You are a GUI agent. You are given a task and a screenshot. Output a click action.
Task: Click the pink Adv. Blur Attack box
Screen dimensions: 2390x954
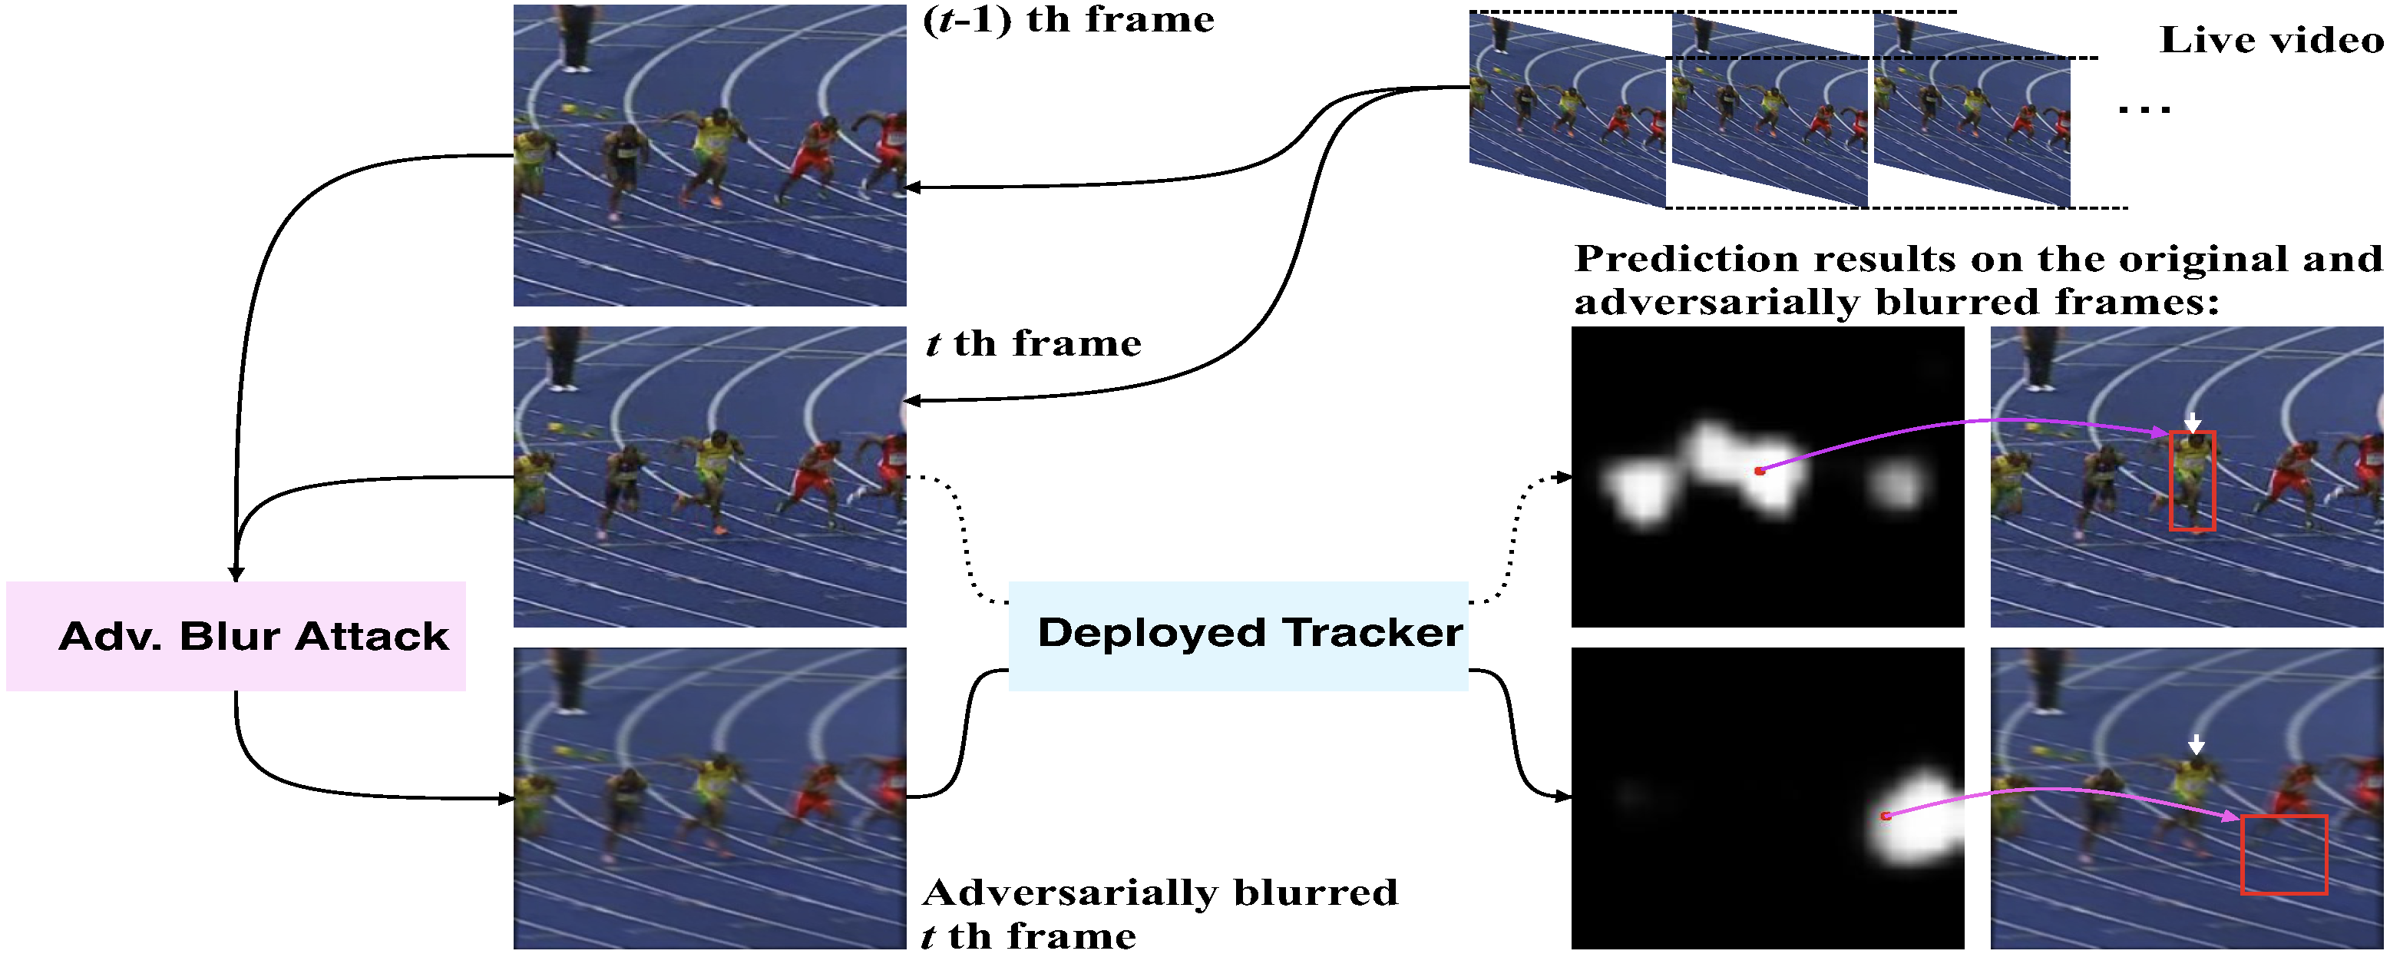click(236, 636)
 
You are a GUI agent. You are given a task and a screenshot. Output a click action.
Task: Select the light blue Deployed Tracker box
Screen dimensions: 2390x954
click(1238, 636)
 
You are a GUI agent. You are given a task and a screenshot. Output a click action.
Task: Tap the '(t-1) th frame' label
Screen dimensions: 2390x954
click(1068, 21)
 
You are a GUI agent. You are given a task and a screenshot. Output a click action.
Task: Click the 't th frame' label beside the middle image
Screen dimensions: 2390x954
click(1033, 344)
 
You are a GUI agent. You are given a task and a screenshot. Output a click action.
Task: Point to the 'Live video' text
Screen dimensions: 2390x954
click(2270, 40)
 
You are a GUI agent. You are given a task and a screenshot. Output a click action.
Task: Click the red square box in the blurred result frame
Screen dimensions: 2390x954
click(2283, 854)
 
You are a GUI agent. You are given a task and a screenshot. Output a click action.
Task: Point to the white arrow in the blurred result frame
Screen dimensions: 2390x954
click(2195, 744)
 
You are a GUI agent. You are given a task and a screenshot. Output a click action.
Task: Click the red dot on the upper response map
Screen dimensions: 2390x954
click(1759, 472)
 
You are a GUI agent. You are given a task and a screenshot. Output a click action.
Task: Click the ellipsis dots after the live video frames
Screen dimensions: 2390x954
click(2144, 111)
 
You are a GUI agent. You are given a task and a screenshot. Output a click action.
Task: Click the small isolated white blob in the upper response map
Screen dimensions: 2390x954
click(1896, 485)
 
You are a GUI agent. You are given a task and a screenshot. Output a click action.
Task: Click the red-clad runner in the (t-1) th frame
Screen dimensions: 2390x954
click(811, 157)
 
